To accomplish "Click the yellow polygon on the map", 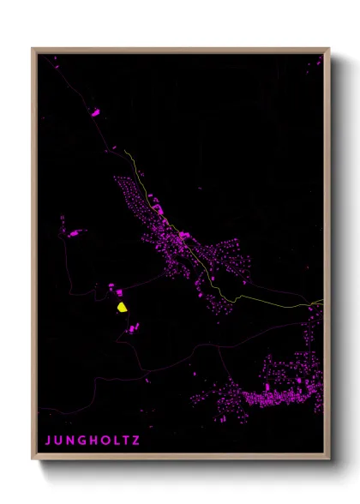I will (122, 305).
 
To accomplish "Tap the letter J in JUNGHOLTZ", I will (48, 441).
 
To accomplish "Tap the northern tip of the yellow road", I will (125, 151).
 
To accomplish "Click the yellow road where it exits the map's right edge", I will (321, 302).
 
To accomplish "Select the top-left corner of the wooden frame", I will (33, 49).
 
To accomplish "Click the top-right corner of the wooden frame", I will (328, 49).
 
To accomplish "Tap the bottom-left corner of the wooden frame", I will (33, 459).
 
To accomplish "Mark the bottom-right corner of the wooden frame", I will (328, 459).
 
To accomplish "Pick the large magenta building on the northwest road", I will (95, 112).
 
